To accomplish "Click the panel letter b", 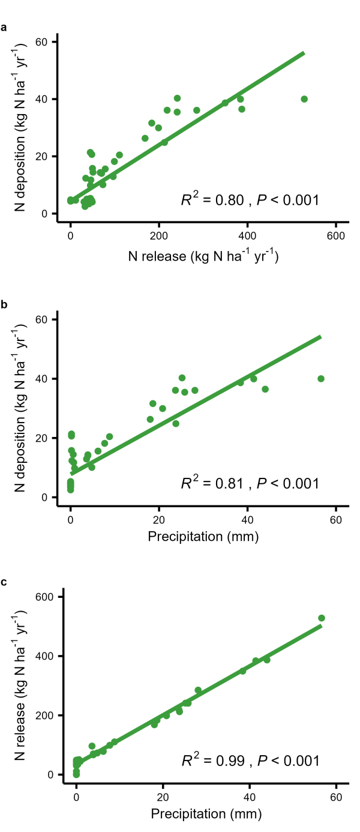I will tap(4, 304).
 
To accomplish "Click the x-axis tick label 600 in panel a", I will tap(336, 236).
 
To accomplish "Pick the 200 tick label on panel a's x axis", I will tap(158, 236).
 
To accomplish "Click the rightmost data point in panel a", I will tap(304, 99).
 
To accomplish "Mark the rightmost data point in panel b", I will tap(321, 378).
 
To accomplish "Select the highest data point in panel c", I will tap(322, 618).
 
